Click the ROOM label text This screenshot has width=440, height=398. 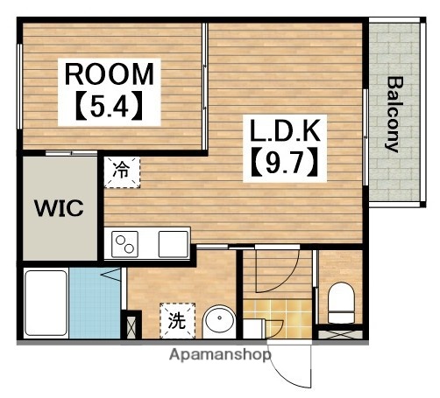click(110, 74)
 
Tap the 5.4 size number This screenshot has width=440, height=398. click(110, 106)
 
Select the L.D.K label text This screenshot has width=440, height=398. click(284, 131)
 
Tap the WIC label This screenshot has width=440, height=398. click(60, 207)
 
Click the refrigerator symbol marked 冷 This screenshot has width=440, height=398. click(122, 172)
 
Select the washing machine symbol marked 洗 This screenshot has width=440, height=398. click(177, 321)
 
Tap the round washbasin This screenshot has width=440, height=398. click(219, 321)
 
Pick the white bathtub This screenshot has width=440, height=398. click(46, 304)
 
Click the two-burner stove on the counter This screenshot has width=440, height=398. click(124, 244)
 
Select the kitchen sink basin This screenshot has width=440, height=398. click(174, 244)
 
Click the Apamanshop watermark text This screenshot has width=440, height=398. click(220, 355)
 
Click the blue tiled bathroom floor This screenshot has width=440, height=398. click(95, 304)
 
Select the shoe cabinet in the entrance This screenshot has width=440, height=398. click(254, 329)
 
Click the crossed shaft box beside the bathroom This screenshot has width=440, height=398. click(131, 325)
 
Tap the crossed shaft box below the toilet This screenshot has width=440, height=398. click(340, 334)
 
